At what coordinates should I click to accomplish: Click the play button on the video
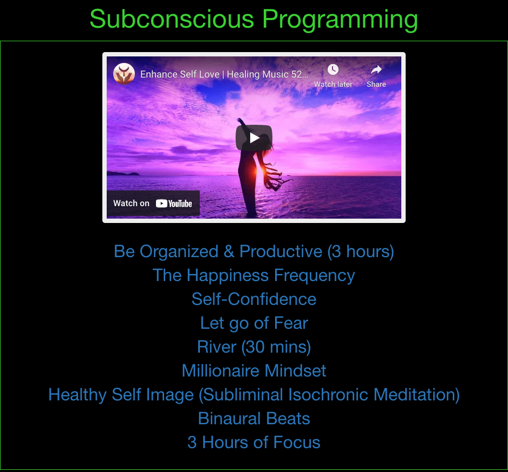click(254, 138)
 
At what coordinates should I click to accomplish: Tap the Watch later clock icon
click(333, 69)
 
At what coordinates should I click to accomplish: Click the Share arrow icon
click(376, 69)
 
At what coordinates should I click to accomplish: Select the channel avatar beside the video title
click(124, 74)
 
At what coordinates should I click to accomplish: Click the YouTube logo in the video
click(174, 203)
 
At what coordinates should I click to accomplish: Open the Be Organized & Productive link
click(254, 252)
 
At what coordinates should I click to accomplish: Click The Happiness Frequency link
click(254, 275)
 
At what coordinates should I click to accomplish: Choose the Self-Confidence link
click(254, 299)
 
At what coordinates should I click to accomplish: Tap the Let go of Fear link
click(254, 323)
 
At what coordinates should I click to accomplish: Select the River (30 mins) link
click(254, 347)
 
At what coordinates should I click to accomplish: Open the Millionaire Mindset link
click(254, 371)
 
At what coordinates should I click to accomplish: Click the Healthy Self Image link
click(254, 395)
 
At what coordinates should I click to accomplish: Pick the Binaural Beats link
click(254, 418)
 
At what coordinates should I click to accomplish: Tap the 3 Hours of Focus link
click(254, 442)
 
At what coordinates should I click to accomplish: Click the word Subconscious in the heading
click(172, 19)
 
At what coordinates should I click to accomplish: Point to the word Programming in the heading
click(340, 20)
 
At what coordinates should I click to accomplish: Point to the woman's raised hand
click(240, 121)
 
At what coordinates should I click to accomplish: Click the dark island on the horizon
click(123, 174)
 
